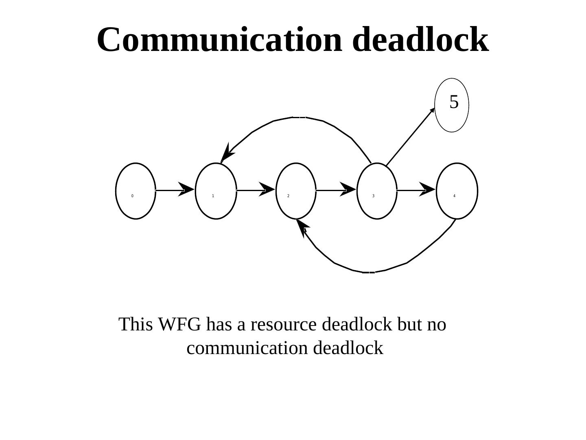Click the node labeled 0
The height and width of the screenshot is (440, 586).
pyautogui.click(x=136, y=191)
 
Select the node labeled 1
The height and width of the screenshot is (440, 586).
pyautogui.click(x=216, y=191)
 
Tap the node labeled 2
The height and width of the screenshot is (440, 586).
pyautogui.click(x=296, y=191)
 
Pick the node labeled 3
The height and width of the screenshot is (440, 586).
pyautogui.click(x=377, y=191)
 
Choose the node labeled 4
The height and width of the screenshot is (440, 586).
pyautogui.click(x=457, y=191)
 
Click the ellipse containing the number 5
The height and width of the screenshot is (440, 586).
pyautogui.click(x=452, y=105)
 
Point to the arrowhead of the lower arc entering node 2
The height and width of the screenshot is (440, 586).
pyautogui.click(x=302, y=227)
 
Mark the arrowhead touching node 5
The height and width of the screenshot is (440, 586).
pyautogui.click(x=432, y=110)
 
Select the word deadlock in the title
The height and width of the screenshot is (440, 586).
pyautogui.click(x=420, y=40)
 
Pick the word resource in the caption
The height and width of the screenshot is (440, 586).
pyautogui.click(x=283, y=325)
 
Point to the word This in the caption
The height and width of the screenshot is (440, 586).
pyautogui.click(x=136, y=325)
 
